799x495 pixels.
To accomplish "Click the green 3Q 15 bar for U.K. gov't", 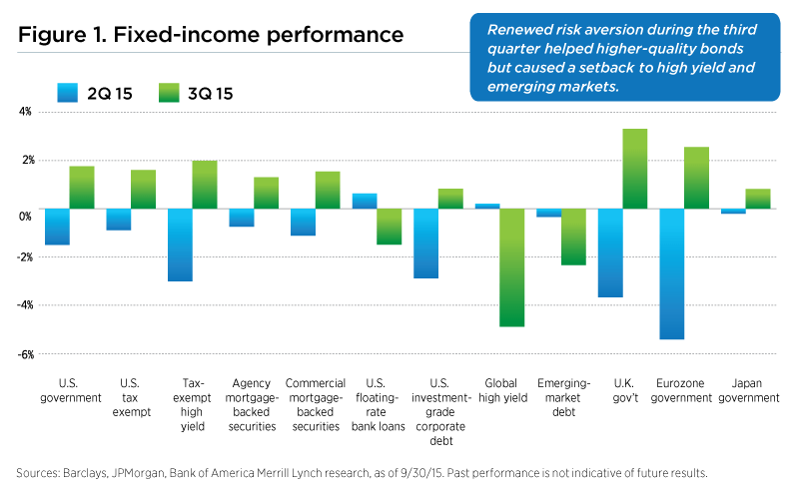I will pos(634,169).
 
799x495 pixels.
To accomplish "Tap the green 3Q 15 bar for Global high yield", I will pos(511,267).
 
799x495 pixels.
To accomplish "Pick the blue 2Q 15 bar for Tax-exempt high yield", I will pos(180,245).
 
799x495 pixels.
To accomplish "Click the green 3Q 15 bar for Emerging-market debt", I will pos(573,237).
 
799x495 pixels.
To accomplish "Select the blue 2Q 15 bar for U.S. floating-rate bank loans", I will pos(365,201).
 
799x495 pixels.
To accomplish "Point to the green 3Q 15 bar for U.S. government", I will pos(82,188).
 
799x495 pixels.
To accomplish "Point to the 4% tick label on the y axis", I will pos(24,112).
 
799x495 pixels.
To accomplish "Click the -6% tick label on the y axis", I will pos(23,354).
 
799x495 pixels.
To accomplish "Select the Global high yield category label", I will pos(499,390).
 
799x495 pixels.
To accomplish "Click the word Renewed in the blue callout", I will pos(515,29).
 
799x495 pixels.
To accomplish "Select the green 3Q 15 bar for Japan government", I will pos(757,199).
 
